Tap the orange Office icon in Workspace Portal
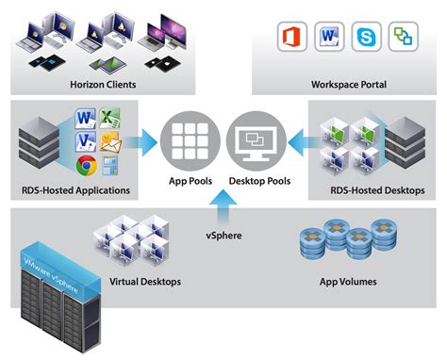tap(292, 39)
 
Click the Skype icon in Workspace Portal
tap(362, 39)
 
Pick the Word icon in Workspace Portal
tap(326, 39)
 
